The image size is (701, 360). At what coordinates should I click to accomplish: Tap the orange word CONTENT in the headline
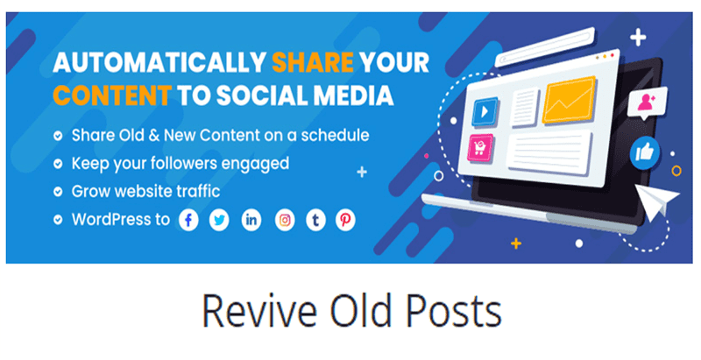point(100,94)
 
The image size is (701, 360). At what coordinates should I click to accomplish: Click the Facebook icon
point(189,220)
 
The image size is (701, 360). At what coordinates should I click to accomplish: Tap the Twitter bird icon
point(220,220)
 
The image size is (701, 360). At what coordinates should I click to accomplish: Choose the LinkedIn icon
point(251,220)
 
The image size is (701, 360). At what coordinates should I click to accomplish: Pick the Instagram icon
point(285,220)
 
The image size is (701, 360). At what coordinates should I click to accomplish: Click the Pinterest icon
point(346,220)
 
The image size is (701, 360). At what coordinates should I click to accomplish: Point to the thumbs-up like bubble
point(645,153)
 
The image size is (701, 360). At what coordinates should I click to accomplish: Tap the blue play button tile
point(485,112)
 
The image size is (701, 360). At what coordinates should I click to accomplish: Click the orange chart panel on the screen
point(569,102)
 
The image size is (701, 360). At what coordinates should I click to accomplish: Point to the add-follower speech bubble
point(649,102)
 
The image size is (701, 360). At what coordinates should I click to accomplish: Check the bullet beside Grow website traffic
point(57,191)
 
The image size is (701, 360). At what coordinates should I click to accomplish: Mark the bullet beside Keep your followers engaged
point(57,164)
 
